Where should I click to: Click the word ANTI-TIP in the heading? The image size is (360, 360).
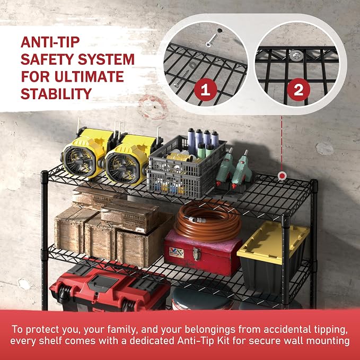(50, 42)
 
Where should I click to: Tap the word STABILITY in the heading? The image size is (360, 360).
(56, 94)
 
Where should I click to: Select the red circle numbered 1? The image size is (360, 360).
(206, 90)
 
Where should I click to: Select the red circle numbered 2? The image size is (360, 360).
(298, 90)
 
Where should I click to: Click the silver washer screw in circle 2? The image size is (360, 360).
(296, 56)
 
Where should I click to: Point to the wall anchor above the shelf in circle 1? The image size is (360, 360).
(212, 40)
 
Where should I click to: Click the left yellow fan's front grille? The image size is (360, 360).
(79, 161)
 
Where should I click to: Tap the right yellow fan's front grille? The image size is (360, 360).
(122, 169)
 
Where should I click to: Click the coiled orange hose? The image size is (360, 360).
(208, 221)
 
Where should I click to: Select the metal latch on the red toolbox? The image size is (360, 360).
(197, 254)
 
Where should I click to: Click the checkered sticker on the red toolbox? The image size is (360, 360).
(177, 252)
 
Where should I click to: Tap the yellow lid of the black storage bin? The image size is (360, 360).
(272, 242)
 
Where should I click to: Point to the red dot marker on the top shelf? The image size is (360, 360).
(282, 176)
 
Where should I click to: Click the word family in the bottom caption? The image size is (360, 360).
(121, 330)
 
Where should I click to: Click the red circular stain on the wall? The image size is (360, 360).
(153, 107)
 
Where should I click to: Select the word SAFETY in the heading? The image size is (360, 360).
(47, 59)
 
